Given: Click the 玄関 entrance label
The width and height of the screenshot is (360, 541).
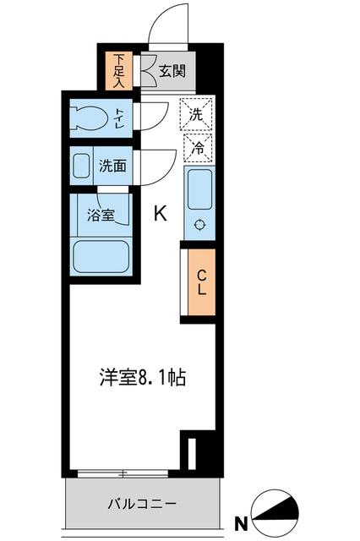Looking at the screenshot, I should coord(173,72).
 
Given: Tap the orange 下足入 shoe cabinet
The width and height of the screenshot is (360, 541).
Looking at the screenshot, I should coord(118,72).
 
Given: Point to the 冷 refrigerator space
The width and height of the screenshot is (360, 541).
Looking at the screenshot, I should coord(196,146).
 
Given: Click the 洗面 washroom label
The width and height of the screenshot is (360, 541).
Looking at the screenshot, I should coord(112,167).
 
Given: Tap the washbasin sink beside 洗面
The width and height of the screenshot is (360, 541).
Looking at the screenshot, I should coord(82,166).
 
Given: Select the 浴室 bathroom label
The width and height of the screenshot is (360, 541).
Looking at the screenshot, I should coord(101,215).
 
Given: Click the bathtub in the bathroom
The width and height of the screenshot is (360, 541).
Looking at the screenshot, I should coord(100,255).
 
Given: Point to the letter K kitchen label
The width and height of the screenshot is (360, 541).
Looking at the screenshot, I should coord(159,215).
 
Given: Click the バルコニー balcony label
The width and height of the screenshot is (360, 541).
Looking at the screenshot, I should coord(141,504).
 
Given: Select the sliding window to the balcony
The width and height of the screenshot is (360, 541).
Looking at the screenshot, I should coord(127,471).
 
